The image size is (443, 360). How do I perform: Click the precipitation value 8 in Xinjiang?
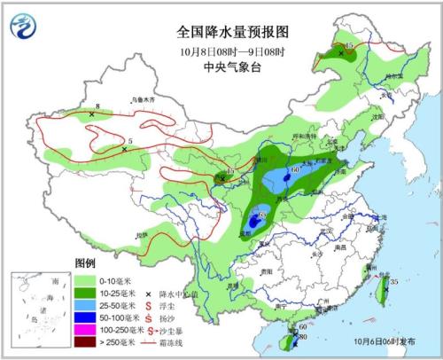pyautogui.click(x=97, y=108)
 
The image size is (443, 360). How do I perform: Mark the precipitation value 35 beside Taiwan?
pyautogui.click(x=393, y=282)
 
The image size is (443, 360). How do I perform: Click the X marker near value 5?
pyautogui.click(x=125, y=150)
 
